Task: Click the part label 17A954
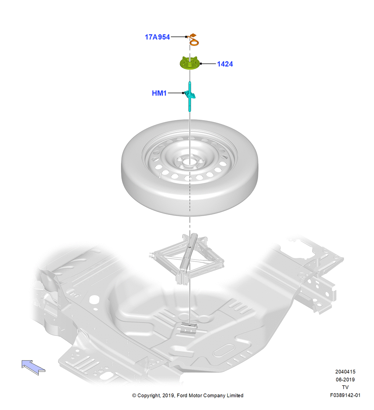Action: click(157, 37)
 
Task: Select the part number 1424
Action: click(225, 64)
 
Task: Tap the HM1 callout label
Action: click(159, 93)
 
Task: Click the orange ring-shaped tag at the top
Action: click(194, 42)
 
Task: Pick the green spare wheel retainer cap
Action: click(190, 63)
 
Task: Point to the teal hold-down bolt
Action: click(190, 96)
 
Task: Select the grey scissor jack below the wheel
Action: click(187, 258)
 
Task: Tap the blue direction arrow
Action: click(33, 367)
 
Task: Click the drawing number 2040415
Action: click(345, 371)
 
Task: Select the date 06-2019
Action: click(345, 379)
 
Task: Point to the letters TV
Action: click(345, 387)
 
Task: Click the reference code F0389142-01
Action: click(345, 395)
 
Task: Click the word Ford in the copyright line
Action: click(182, 395)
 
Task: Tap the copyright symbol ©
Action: click(134, 396)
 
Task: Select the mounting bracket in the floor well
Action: click(189, 328)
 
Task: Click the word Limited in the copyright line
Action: click(235, 395)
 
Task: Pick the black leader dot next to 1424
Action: click(201, 64)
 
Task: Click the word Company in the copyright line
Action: click(214, 396)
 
